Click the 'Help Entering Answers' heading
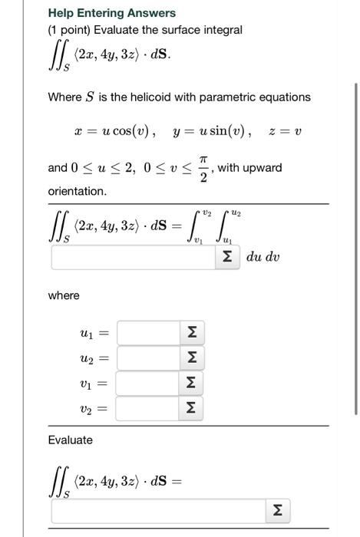point(111,13)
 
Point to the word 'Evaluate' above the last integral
point(70,440)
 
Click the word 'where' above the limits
point(64,295)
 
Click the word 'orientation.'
point(78,190)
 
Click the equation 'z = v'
point(286,131)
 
